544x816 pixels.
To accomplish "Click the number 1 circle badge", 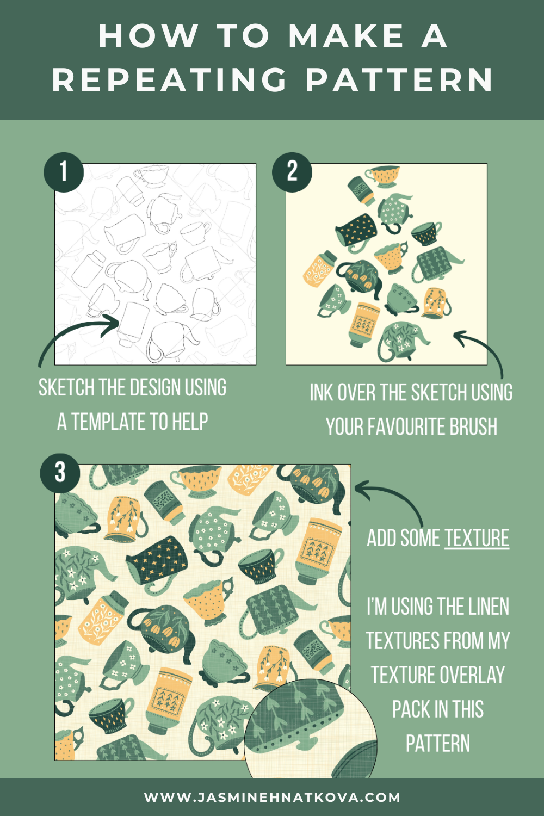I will click(x=64, y=172).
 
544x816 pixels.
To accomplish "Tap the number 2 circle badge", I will click(x=292, y=172).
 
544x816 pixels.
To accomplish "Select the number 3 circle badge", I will click(x=60, y=472).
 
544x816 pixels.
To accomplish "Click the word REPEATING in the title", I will click(x=170, y=81).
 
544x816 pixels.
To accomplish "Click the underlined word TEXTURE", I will click(x=477, y=539).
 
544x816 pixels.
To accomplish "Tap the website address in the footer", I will click(x=272, y=798).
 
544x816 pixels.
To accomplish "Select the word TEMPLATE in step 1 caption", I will click(x=109, y=422).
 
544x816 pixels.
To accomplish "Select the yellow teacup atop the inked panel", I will click(x=384, y=175).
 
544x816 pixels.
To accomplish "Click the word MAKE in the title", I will click(x=346, y=36).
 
